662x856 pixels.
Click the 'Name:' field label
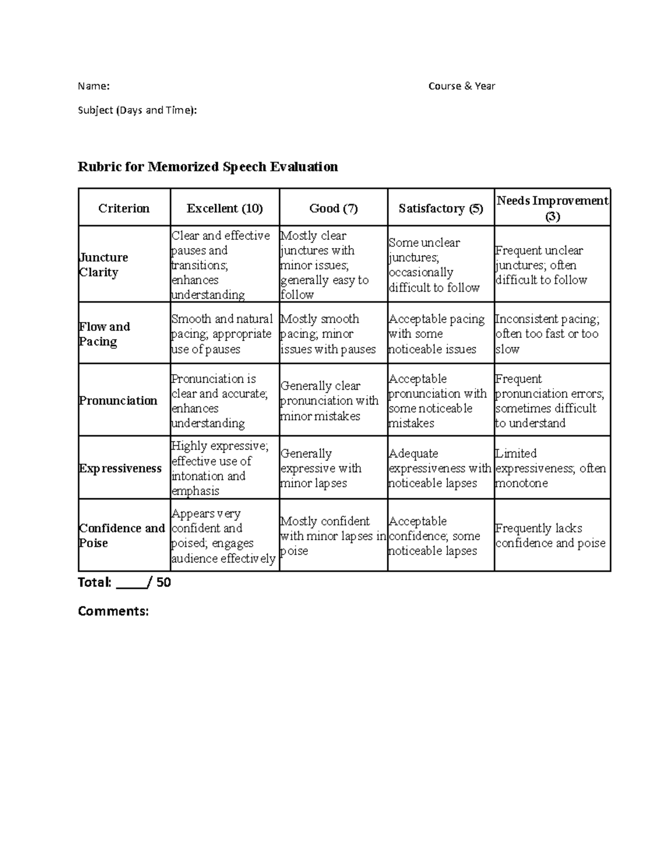[94, 86]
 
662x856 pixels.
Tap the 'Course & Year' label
[462, 86]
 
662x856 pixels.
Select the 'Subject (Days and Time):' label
[137, 110]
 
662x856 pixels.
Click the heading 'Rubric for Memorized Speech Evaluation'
[207, 166]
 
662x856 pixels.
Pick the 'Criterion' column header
[124, 208]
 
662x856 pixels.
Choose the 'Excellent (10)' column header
[225, 208]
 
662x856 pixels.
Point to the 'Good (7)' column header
[333, 208]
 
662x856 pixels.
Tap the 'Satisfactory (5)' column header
[441, 208]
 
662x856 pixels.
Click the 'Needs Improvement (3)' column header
[552, 208]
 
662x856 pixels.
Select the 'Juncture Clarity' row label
[104, 265]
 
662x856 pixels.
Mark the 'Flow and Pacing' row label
[104, 333]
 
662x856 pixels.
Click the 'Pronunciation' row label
[118, 401]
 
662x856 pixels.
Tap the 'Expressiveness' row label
[120, 469]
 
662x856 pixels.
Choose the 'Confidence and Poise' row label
[122, 535]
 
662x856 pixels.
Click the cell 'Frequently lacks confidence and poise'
[550, 535]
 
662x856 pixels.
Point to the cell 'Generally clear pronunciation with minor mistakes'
[329, 401]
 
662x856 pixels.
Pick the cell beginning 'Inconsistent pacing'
[547, 333]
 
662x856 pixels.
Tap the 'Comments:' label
[113, 611]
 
